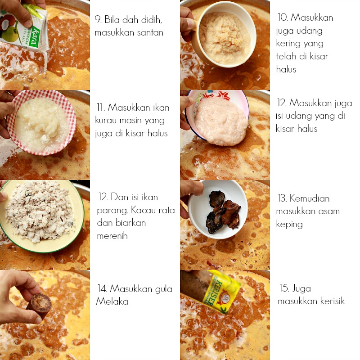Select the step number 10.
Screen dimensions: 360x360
[x=283, y=18]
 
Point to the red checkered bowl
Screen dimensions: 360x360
[x=40, y=121]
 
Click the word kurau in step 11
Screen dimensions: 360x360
[x=106, y=121]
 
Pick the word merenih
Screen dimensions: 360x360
[x=112, y=236]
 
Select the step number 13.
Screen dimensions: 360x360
[x=282, y=198]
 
